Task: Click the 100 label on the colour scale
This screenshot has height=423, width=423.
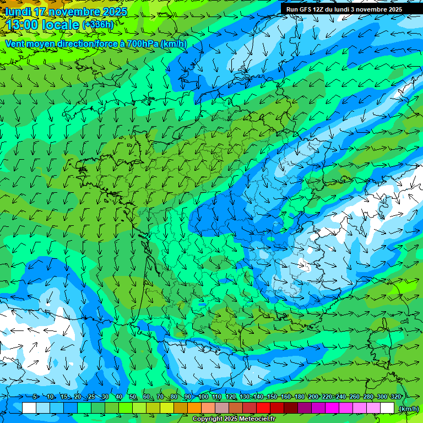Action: pyautogui.click(x=203, y=397)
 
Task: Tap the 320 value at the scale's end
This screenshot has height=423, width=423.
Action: pyautogui.click(x=395, y=397)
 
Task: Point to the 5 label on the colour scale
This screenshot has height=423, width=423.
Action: pyautogui.click(x=35, y=397)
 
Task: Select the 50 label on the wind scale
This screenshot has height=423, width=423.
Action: pyautogui.click(x=132, y=397)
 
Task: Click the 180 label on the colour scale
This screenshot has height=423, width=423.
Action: pyautogui.click(x=300, y=397)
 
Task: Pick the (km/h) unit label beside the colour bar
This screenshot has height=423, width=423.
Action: pyautogui.click(x=408, y=408)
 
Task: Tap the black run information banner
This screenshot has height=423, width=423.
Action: pyautogui.click(x=351, y=9)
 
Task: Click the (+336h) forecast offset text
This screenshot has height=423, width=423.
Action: pyautogui.click(x=97, y=25)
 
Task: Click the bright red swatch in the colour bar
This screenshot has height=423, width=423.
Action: pyautogui.click(x=263, y=408)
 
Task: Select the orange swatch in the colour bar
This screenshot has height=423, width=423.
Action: pyautogui.click(x=194, y=408)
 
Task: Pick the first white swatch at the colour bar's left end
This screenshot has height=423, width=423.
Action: pyautogui.click(x=29, y=408)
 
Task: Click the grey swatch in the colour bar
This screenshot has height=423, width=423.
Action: pyautogui.click(x=222, y=408)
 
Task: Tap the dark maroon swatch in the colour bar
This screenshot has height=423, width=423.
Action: pyautogui.click(x=291, y=408)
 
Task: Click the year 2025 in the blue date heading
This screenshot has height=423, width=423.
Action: pyautogui.click(x=114, y=12)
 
